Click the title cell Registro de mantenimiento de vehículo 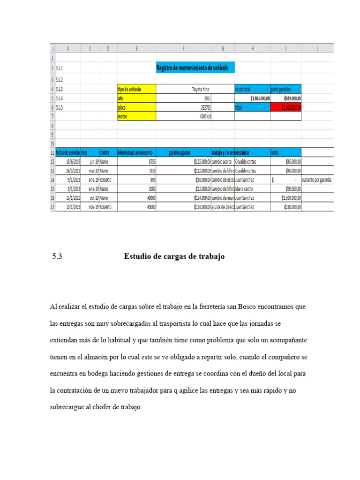point(195,68)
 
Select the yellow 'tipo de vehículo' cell point(136,89)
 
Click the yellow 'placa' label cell point(136,107)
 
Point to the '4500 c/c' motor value point(203,116)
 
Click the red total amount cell point(285,107)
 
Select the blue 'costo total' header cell point(252,89)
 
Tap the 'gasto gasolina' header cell point(285,89)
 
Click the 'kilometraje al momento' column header point(136,152)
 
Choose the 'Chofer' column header point(107,152)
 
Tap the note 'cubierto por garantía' point(317,180)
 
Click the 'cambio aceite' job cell point(222,161)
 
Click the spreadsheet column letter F point(183,48)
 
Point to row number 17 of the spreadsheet point(52,207)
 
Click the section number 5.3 point(57,256)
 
